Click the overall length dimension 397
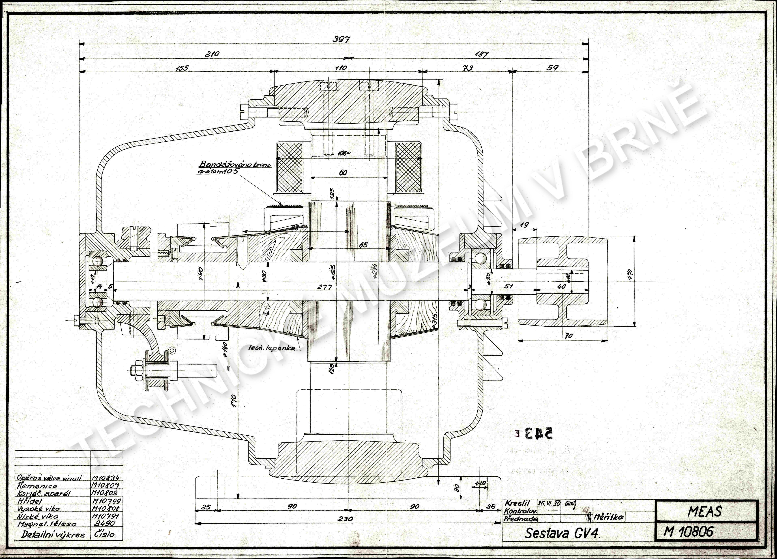tap(341, 39)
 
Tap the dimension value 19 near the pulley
tap(524, 225)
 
